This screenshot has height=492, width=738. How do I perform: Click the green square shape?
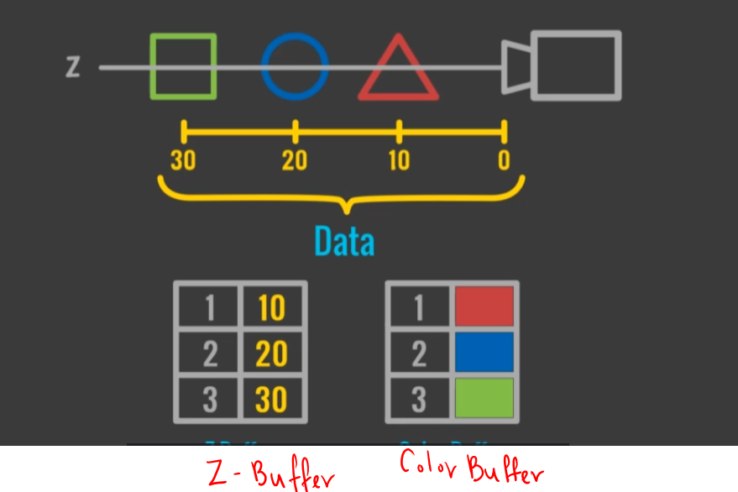[x=184, y=66]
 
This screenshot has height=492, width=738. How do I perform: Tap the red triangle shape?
[x=398, y=71]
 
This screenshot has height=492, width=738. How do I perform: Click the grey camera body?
[x=578, y=65]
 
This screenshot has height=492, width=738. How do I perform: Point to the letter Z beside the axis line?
[x=73, y=67]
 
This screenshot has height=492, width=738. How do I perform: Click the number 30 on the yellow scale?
[x=183, y=160]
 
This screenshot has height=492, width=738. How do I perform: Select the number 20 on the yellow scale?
[x=295, y=160]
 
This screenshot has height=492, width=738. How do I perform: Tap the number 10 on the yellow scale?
[x=399, y=160]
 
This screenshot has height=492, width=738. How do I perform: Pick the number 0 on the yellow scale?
[x=504, y=160]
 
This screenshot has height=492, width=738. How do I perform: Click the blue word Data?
[x=344, y=242]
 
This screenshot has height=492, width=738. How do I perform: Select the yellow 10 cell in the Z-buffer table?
[x=271, y=308]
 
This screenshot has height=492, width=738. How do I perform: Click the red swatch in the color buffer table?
[x=484, y=306]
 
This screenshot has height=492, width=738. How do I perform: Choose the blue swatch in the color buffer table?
[x=484, y=353]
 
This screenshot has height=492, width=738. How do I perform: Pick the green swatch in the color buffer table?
[x=484, y=398]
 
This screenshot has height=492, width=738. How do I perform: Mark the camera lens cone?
[x=516, y=66]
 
